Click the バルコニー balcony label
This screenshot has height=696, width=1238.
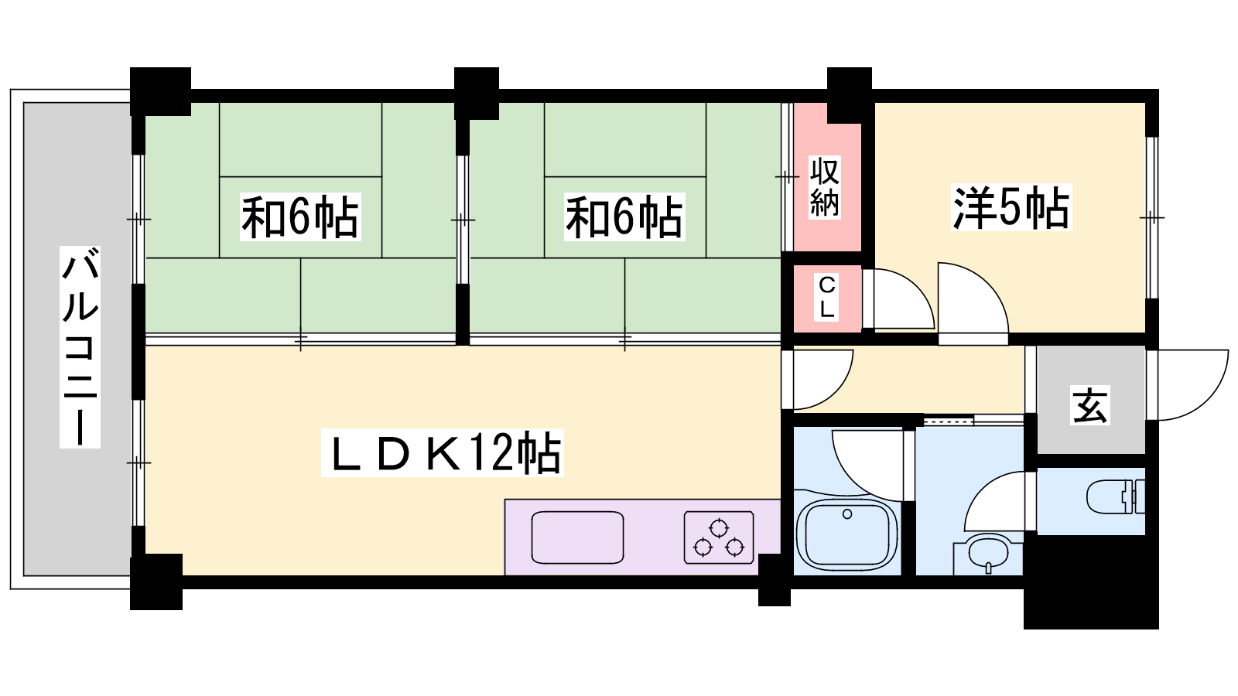(x=80, y=347)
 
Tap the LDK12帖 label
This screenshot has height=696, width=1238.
(x=442, y=452)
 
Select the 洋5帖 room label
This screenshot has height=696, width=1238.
(x=1011, y=207)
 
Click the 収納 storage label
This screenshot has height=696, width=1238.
(x=825, y=186)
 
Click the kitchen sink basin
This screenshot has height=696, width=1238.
(x=577, y=537)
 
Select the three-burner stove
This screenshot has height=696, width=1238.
(x=719, y=537)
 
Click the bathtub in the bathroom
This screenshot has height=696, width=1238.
(x=846, y=534)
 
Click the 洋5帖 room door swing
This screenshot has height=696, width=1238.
(x=973, y=299)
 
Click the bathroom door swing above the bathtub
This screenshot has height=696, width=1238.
(x=867, y=465)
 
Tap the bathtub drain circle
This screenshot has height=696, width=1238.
(x=847, y=514)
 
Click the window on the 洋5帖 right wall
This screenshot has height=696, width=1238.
(x=1152, y=217)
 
